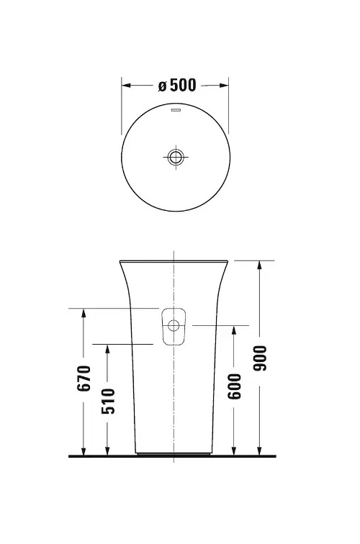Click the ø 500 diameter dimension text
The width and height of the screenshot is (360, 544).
[177, 85]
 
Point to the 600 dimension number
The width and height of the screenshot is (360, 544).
[234, 386]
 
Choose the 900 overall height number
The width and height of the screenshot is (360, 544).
[260, 358]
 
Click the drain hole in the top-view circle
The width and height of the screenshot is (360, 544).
[175, 156]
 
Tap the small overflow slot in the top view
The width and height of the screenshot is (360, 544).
[175, 112]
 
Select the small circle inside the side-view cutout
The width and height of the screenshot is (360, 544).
[173, 326]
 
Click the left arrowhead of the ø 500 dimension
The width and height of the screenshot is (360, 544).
[125, 85]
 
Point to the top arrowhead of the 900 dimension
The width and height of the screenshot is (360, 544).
[260, 264]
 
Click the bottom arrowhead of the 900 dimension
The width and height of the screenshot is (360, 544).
[260, 451]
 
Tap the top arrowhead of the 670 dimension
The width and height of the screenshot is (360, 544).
[84, 313]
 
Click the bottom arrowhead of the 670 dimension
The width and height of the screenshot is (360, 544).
[84, 451]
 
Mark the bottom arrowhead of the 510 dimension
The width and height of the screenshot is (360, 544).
[107, 451]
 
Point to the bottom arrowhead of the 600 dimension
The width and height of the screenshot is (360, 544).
[234, 451]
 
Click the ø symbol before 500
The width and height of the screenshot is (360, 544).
[162, 86]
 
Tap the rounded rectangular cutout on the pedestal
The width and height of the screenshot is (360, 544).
[173, 327]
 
